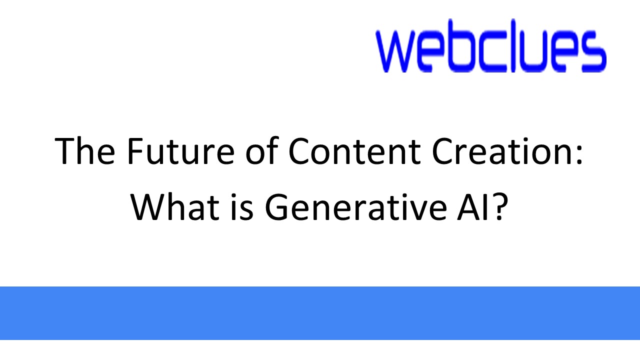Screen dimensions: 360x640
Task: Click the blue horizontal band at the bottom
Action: coord(320,313)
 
